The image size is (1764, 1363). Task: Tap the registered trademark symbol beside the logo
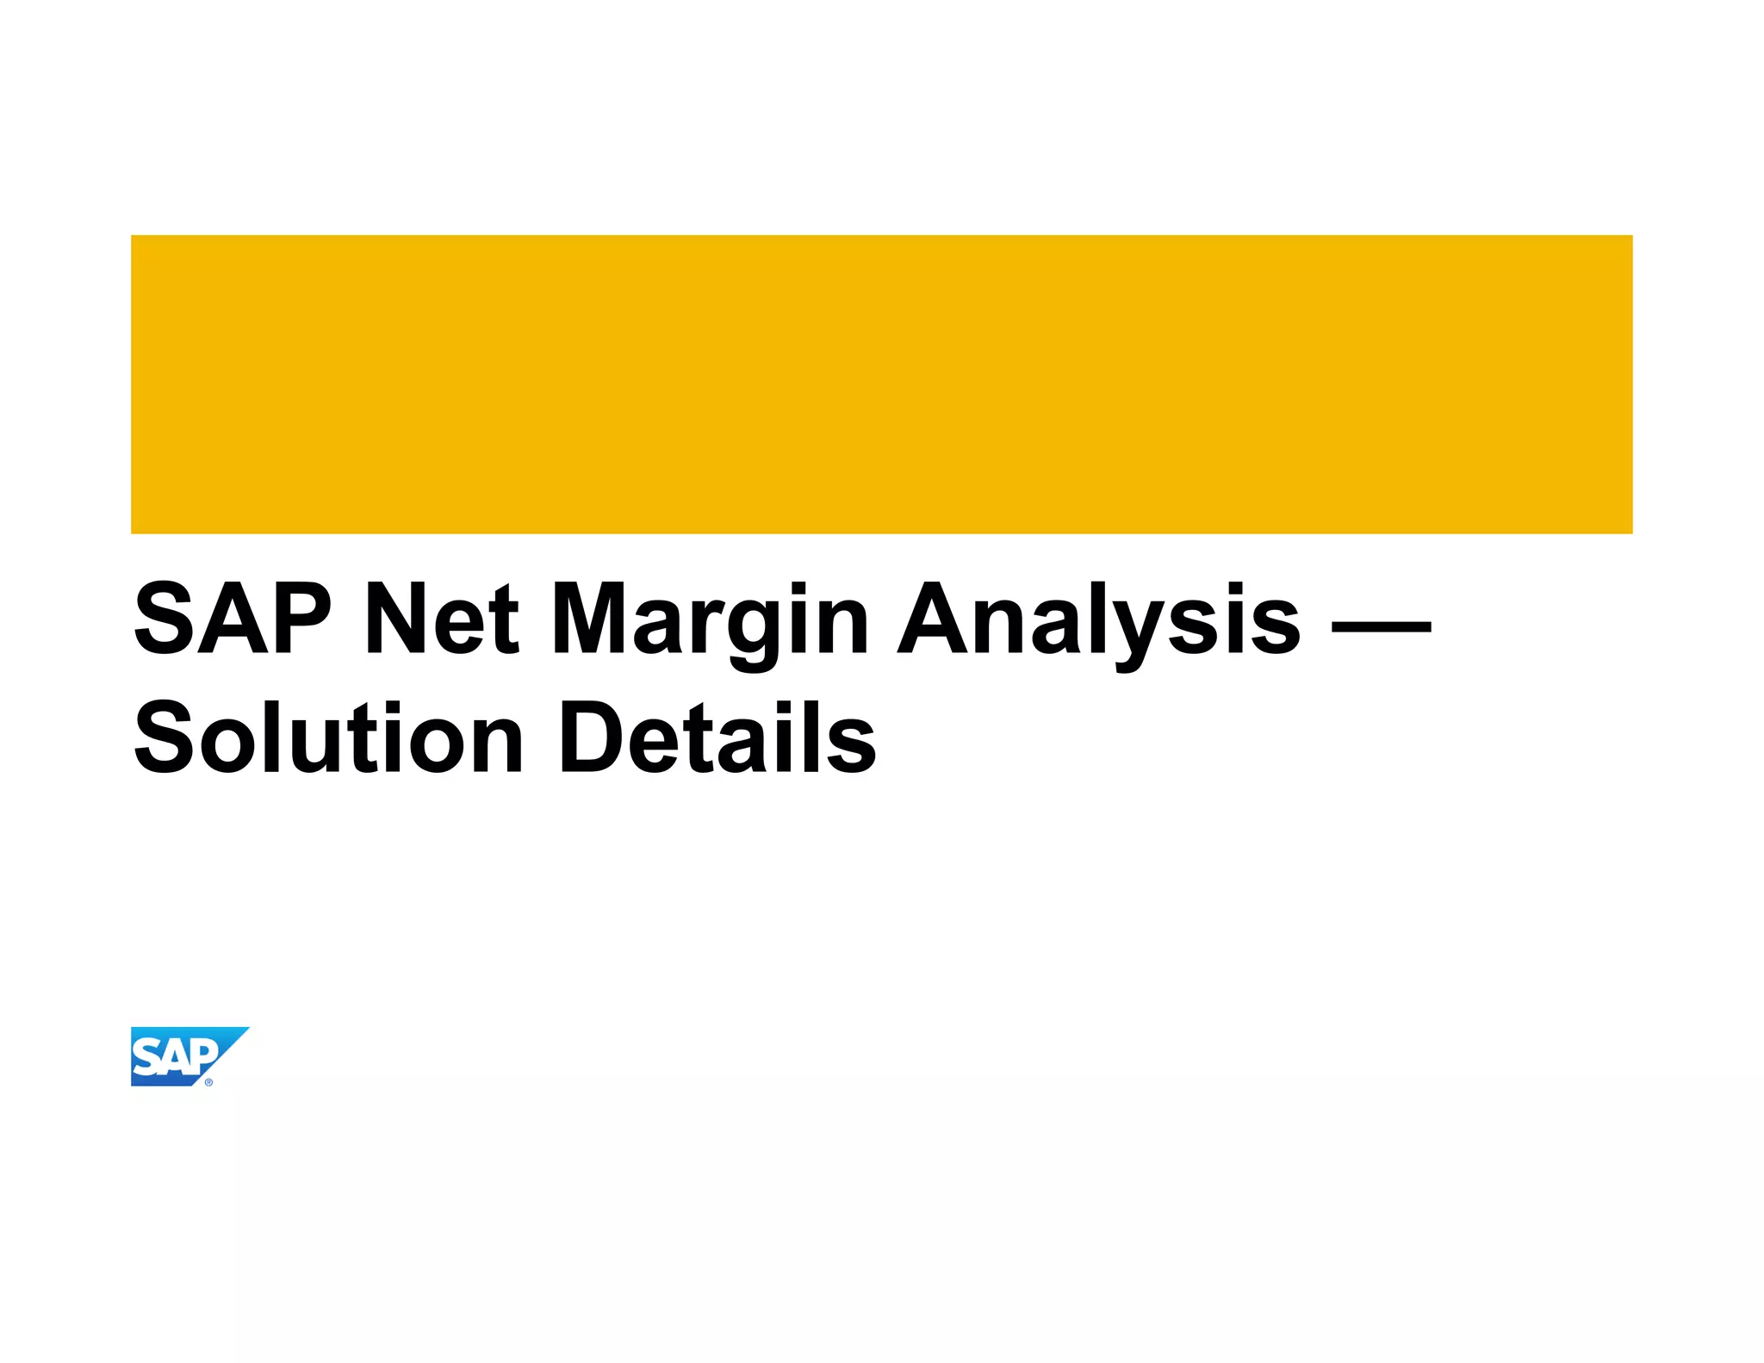coord(208,1082)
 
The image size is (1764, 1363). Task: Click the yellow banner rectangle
coord(881,384)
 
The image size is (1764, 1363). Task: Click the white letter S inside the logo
coord(148,1058)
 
